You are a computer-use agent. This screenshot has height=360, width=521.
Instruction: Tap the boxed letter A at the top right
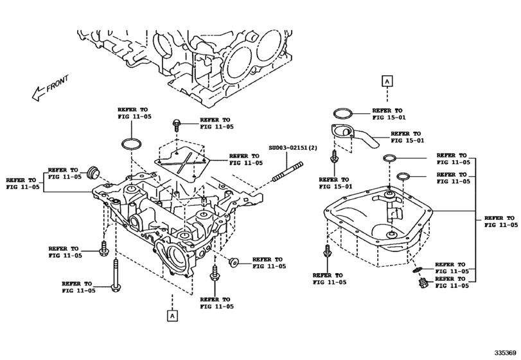coord(387,81)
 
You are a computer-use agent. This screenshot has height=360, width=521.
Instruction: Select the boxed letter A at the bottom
coord(172,315)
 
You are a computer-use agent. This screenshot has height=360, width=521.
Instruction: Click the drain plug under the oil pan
coord(423,283)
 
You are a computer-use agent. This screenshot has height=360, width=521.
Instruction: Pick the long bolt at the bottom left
coord(116,276)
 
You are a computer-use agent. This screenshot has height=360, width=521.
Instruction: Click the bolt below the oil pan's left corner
coord(328,252)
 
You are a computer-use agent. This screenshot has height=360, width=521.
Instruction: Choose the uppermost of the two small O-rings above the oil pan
coord(389,158)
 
